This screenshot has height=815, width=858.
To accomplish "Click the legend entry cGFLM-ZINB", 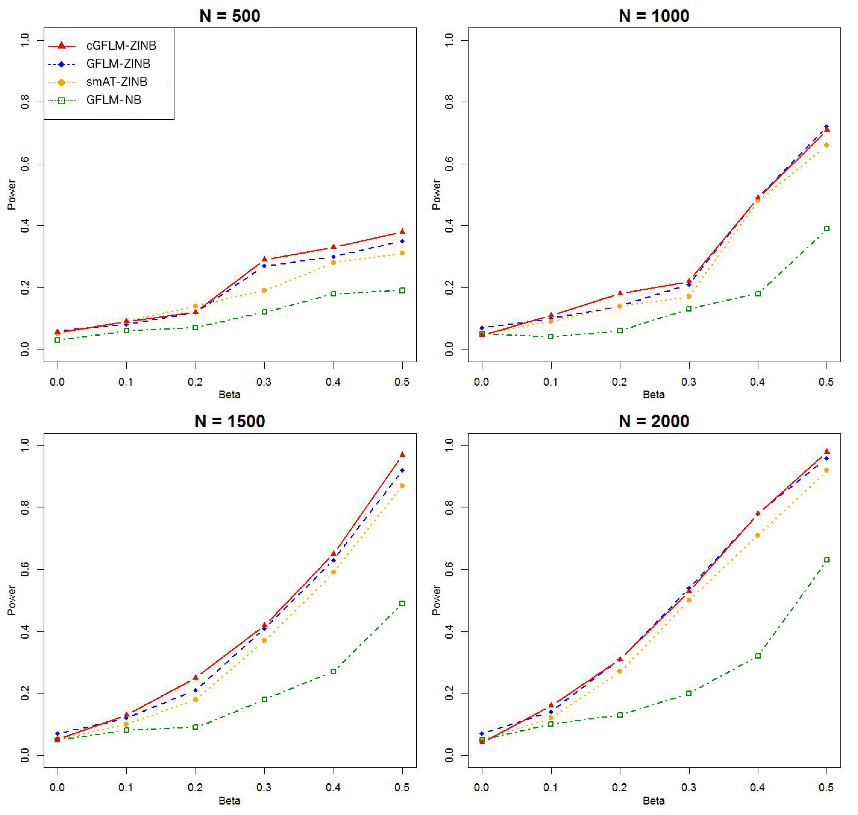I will (x=121, y=46).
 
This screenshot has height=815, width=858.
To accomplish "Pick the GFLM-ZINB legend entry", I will (x=118, y=64).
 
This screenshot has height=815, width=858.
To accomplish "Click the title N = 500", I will (x=230, y=16).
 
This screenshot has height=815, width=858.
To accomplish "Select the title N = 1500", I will (x=230, y=421).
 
